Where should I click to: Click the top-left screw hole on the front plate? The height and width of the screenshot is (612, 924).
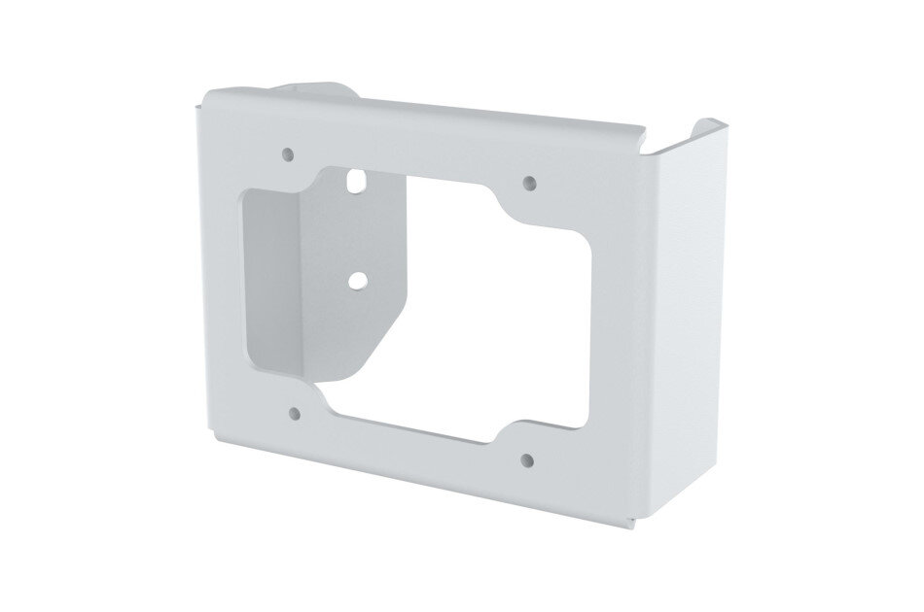pyautogui.click(x=287, y=153)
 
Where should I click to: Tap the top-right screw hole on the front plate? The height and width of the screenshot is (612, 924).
pyautogui.click(x=529, y=182)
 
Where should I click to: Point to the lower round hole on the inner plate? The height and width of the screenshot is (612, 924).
pyautogui.click(x=358, y=279)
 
